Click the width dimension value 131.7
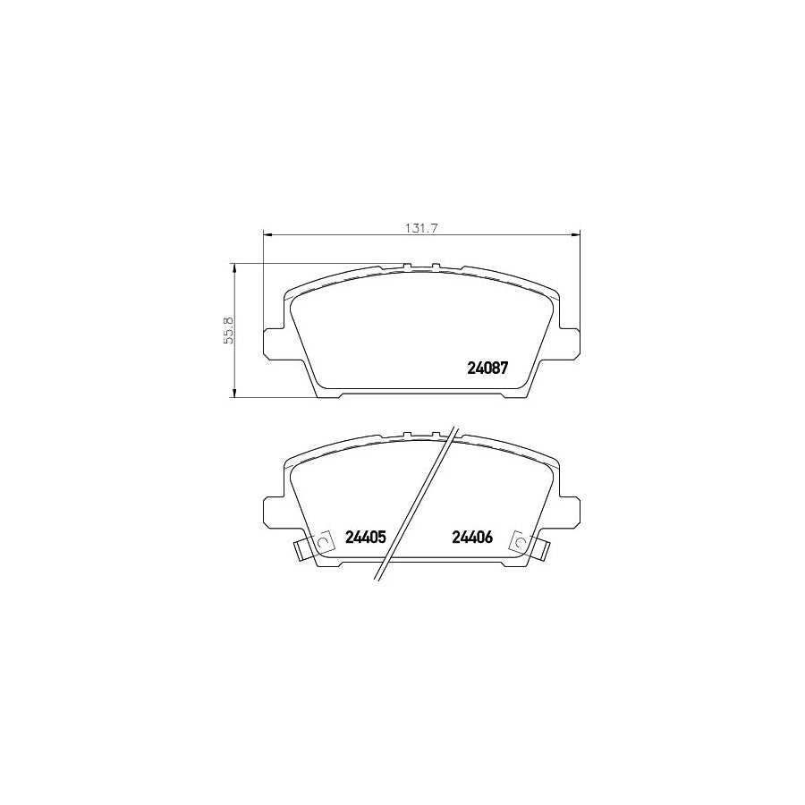point(420,227)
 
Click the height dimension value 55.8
point(229,330)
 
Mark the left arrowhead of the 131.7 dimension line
point(266,235)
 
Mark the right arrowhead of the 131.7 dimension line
point(577,235)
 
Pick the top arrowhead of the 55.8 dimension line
point(234,267)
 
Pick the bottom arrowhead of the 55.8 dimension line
point(234,394)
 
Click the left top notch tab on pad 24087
point(407,267)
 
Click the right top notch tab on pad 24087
point(436,267)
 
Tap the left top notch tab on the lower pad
point(407,436)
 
